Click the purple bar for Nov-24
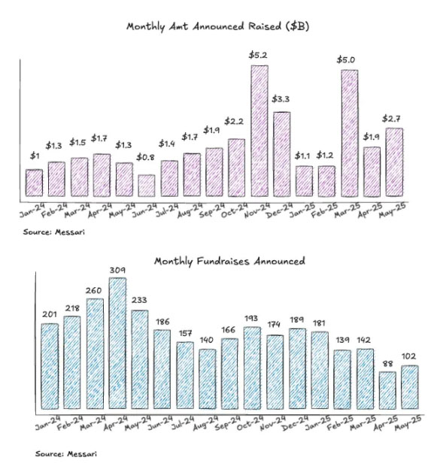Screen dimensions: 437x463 pyautogui.click(x=259, y=131)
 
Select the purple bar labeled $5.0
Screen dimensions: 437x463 pyautogui.click(x=350, y=134)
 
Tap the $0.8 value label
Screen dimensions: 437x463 pyautogui.click(x=145, y=157)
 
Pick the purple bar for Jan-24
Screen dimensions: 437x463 pyautogui.click(x=34, y=183)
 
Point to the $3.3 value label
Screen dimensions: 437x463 pyautogui.click(x=281, y=99)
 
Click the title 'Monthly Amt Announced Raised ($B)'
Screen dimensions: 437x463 pyautogui.click(x=218, y=26)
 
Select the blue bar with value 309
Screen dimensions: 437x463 pyautogui.click(x=117, y=343)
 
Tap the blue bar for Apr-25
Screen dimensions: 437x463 pyautogui.click(x=387, y=390)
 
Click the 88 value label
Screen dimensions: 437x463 pyautogui.click(x=387, y=364)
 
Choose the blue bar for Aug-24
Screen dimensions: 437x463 pyautogui.click(x=208, y=379)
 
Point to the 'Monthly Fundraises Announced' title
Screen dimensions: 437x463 pyautogui.click(x=229, y=262)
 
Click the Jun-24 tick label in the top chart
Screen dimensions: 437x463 pyautogui.click(x=144, y=210)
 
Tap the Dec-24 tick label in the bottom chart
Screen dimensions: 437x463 pyautogui.click(x=295, y=423)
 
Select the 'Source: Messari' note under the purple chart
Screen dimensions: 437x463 pyautogui.click(x=54, y=232)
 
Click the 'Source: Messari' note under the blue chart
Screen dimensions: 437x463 pyautogui.click(x=66, y=454)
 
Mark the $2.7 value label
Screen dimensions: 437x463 pyautogui.click(x=392, y=119)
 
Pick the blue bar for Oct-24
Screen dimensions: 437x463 pyautogui.click(x=252, y=368)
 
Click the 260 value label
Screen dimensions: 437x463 pyautogui.click(x=94, y=291)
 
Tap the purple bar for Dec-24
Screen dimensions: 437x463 pyautogui.click(x=281, y=154)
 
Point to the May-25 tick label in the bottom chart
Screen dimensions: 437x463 pyautogui.click(x=408, y=423)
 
